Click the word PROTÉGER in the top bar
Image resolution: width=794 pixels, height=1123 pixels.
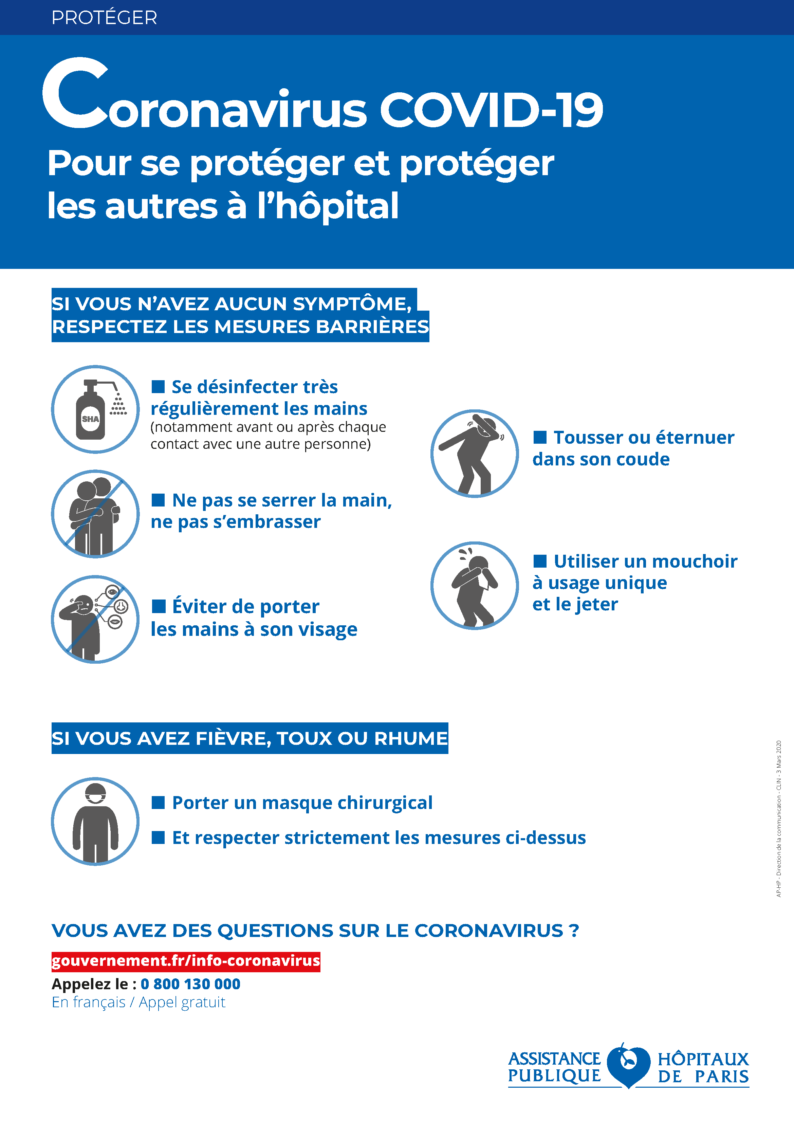coord(104,18)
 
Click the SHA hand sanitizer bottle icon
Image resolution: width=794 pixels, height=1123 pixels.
coord(95,409)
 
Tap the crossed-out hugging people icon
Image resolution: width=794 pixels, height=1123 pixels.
coord(95,514)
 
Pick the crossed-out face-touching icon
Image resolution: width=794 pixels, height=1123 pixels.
coord(95,619)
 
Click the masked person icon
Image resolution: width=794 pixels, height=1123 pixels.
coord(95,821)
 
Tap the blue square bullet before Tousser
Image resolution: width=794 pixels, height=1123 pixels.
coord(540,437)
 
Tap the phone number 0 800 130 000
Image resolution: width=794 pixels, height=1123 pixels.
coord(190,983)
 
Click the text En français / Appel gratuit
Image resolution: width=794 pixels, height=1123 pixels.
coord(139,1002)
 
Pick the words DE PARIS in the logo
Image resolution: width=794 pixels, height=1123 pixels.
coord(703,1076)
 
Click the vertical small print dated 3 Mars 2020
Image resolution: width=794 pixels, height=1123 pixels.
coord(778,818)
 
